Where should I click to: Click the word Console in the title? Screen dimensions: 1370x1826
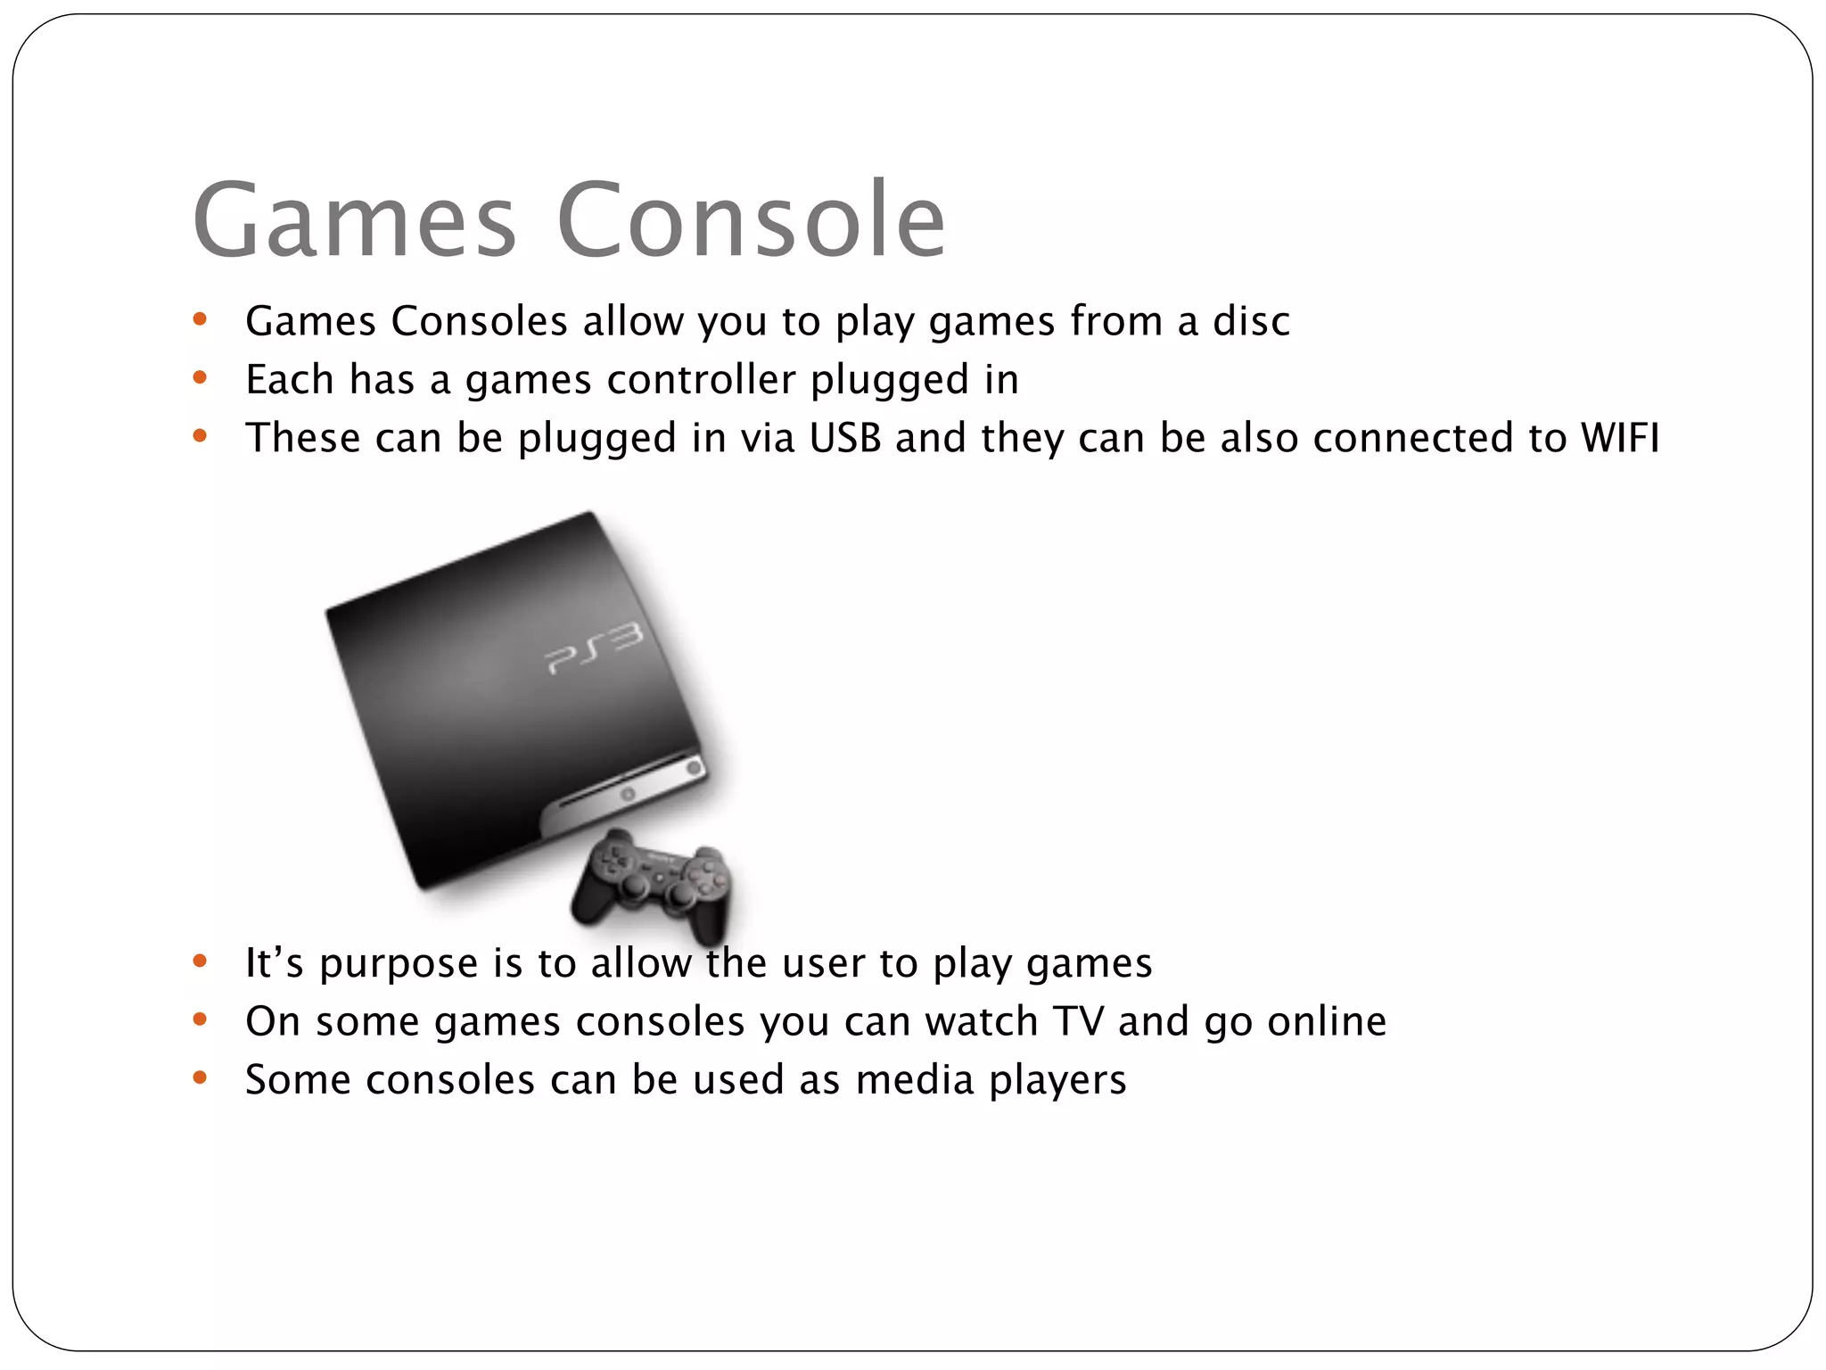click(751, 219)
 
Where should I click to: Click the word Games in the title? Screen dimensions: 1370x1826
click(354, 219)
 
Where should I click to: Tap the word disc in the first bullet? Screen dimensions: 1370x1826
click(1251, 321)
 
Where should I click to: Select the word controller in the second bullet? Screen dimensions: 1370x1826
click(701, 380)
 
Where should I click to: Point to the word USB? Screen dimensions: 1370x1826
click(845, 438)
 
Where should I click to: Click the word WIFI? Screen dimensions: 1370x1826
click(1620, 438)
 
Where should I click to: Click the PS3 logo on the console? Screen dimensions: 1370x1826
click(593, 649)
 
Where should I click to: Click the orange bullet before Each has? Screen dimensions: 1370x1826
click(200, 378)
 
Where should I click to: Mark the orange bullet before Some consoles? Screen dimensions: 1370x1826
click(200, 1078)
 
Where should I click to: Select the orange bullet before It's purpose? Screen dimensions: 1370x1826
click(200, 961)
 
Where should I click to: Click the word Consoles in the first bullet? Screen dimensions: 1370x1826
click(480, 321)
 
